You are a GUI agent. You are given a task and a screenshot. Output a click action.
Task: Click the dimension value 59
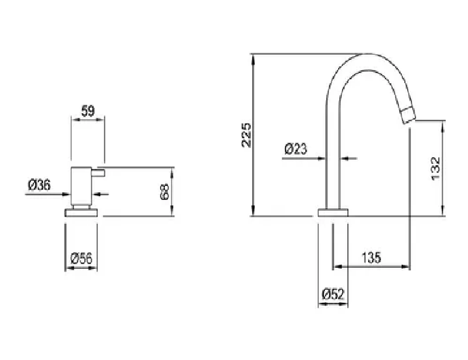pos(88,111)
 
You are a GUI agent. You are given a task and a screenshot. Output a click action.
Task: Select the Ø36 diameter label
pos(39,185)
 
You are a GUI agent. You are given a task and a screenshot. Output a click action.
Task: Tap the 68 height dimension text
pos(165,191)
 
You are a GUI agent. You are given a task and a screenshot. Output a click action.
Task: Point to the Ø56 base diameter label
pos(81,258)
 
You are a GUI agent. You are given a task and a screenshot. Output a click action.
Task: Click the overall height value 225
pos(246,135)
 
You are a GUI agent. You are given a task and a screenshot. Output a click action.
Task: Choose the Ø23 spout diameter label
pos(296,149)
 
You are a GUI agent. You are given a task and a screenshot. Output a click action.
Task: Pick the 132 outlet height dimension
pos(436,169)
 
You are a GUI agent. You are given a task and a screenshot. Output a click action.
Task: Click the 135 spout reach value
pos(371,257)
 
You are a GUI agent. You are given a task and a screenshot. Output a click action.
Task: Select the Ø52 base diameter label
pos(333,294)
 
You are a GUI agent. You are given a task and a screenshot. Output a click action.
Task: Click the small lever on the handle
pos(98,173)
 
